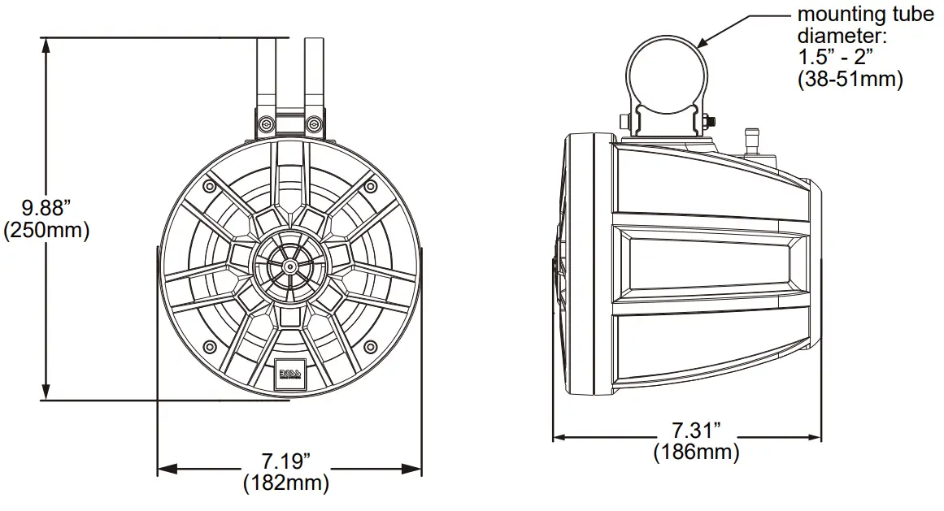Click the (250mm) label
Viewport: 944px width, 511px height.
click(x=46, y=230)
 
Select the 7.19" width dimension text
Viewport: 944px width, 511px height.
click(x=286, y=463)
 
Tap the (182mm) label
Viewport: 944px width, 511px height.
click(x=286, y=484)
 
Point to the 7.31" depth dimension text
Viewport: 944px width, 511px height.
click(x=696, y=429)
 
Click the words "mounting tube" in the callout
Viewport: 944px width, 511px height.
click(x=865, y=15)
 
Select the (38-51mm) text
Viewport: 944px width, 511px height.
click(x=850, y=79)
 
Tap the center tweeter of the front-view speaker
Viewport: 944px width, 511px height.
click(x=289, y=265)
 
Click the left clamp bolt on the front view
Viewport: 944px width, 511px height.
click(x=265, y=123)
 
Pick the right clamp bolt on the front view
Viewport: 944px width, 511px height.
click(x=313, y=123)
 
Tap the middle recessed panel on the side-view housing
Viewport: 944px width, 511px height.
click(x=707, y=265)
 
